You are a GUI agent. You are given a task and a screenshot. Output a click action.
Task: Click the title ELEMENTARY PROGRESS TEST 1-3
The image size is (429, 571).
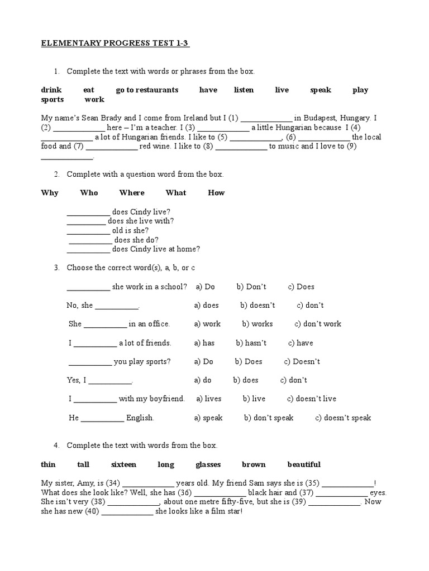point(115,44)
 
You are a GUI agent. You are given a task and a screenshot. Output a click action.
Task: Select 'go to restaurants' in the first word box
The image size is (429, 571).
point(147,90)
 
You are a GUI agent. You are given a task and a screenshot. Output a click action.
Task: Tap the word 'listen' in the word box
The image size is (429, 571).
point(244,90)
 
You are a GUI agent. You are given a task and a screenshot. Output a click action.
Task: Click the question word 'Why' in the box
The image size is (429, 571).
point(50,193)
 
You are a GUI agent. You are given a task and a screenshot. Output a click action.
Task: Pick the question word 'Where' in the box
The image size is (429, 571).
point(132,193)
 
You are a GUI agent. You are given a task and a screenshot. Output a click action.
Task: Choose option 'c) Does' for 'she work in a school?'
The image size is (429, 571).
point(301,287)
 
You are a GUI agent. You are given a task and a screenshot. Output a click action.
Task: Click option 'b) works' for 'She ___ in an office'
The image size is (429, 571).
point(258,324)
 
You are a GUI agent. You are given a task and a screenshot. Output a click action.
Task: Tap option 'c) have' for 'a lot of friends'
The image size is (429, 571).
point(301,343)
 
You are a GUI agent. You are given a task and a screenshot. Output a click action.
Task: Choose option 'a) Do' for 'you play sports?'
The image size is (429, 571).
point(204,361)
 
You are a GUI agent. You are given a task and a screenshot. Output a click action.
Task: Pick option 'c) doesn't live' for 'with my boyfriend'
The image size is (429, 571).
point(312,399)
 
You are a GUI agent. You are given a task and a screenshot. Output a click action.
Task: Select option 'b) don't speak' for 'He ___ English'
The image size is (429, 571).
point(269,418)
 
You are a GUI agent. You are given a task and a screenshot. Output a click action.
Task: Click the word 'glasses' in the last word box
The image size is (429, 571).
point(208,464)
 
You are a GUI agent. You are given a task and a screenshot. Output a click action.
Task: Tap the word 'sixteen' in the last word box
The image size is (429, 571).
point(123,464)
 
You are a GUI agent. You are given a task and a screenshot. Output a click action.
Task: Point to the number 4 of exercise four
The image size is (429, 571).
point(56,446)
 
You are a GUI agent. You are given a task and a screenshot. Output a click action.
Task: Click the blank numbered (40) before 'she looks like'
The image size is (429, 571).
point(127,514)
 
